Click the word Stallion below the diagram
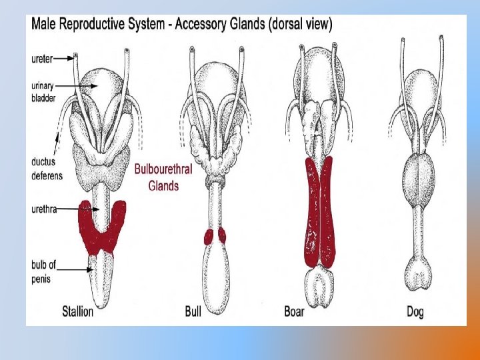[x=77, y=311]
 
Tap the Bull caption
[x=193, y=311]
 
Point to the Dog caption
[x=415, y=311]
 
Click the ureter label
[x=41, y=58]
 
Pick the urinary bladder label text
[x=45, y=91]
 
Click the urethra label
[x=43, y=209]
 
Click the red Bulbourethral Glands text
[x=163, y=177]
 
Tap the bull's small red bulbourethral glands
[x=214, y=236]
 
